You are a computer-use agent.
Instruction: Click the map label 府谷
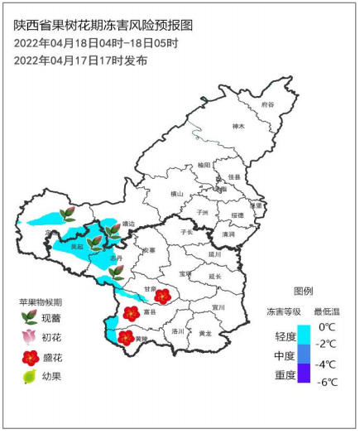pyautogui.click(x=266, y=105)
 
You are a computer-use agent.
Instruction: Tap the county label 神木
pyautogui.click(x=240, y=127)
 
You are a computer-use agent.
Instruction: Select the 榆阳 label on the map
pyautogui.click(x=204, y=166)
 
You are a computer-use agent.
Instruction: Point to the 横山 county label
pyautogui.click(x=176, y=194)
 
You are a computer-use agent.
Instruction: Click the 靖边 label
pyautogui.click(x=127, y=223)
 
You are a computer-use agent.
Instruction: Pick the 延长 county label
pyautogui.click(x=215, y=276)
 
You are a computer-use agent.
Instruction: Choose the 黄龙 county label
pyautogui.click(x=204, y=333)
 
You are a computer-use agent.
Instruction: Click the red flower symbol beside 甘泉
pyautogui.click(x=163, y=295)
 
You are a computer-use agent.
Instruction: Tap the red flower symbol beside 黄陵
pyautogui.click(x=126, y=337)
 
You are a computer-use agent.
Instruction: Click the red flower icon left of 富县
pyautogui.click(x=131, y=313)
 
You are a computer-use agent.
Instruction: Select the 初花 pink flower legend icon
pyautogui.click(x=29, y=337)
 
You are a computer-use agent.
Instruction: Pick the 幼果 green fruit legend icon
pyautogui.click(x=29, y=377)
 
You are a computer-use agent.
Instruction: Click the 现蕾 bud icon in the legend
pyautogui.click(x=29, y=317)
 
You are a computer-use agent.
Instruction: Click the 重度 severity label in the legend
pyautogui.click(x=287, y=375)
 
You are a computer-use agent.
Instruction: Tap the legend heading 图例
pyautogui.click(x=304, y=292)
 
